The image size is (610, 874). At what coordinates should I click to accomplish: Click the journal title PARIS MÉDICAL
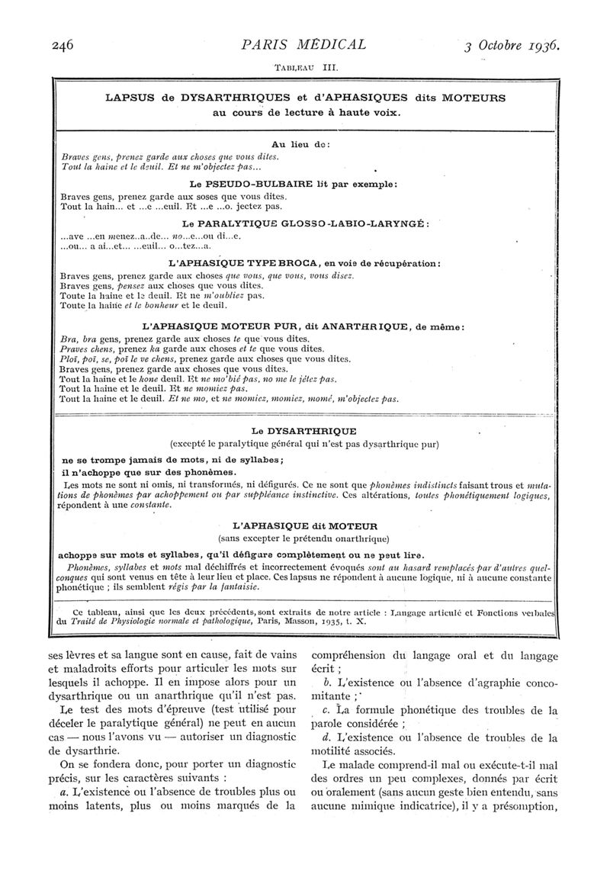pos(303,44)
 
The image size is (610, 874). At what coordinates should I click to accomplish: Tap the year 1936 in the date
pos(542,45)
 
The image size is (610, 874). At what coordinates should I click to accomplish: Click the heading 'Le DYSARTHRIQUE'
pos(303,431)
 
